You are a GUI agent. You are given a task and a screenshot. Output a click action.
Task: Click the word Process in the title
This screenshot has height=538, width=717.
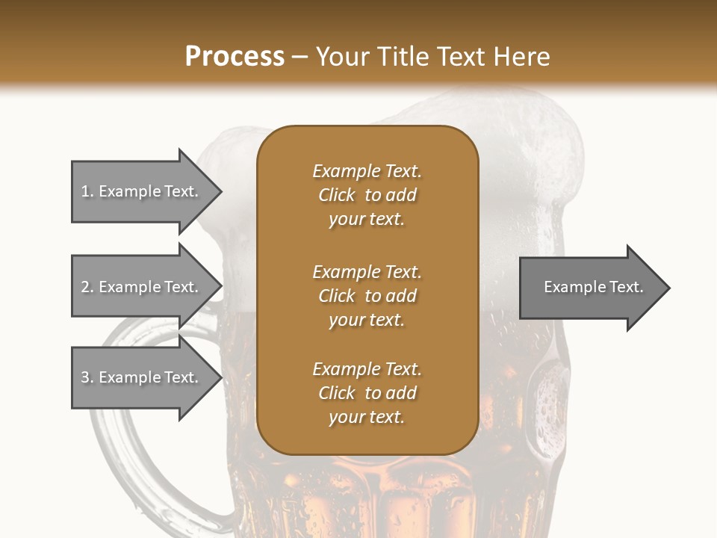coord(235,57)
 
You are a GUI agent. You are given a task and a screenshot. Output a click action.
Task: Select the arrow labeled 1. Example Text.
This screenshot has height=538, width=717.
coord(140,191)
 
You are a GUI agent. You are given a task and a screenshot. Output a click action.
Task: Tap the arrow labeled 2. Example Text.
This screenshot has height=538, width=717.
coord(140,287)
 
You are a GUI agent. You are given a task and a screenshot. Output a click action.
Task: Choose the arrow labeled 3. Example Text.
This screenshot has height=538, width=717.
coord(140,377)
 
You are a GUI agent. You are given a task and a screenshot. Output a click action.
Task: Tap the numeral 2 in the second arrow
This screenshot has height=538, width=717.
coord(85,287)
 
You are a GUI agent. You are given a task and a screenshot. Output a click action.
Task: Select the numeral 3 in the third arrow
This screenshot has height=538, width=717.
coord(85,377)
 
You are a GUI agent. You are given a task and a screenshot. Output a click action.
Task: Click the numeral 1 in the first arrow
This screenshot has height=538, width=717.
coord(85,191)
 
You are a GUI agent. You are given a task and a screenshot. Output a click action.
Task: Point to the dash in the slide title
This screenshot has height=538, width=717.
coord(300,58)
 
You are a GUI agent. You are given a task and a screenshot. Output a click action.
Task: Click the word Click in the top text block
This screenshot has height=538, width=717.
coord(337,195)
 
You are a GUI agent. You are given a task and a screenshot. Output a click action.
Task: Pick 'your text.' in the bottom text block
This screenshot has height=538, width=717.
coord(367,417)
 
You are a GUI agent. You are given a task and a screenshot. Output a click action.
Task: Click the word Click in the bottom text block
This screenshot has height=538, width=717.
coord(337,393)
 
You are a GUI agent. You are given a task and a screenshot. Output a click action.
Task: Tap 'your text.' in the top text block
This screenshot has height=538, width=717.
coord(367,219)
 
